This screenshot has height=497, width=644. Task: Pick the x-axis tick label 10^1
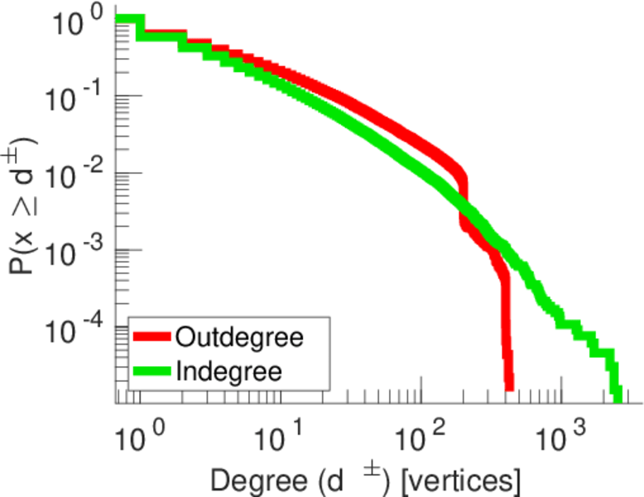(282, 433)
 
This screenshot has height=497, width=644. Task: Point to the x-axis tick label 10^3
(564, 433)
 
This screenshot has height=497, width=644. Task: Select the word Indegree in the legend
(229, 370)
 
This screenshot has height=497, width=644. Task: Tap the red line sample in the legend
(152, 338)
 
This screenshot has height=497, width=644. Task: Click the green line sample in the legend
(152, 370)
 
